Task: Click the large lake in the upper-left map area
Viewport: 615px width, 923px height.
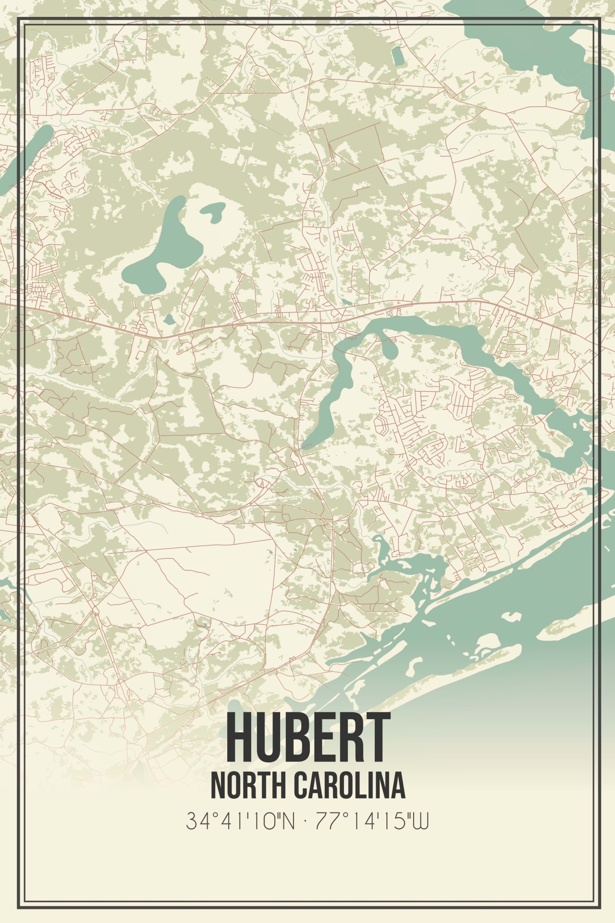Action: [154, 260]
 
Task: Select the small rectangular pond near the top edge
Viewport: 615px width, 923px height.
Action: [398, 56]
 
